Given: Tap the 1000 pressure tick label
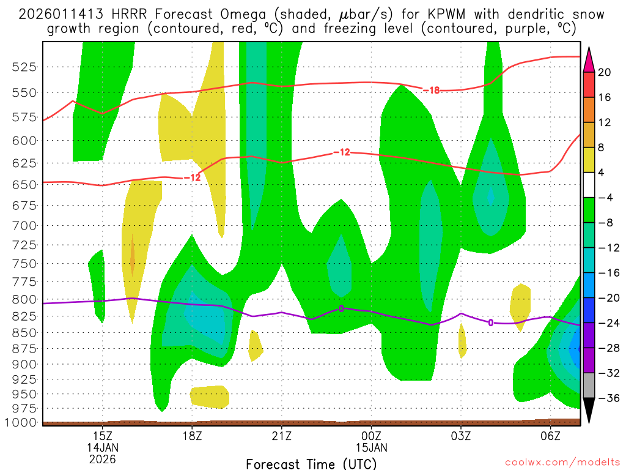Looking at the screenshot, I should tap(23, 422).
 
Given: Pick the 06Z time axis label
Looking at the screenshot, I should tap(551, 435).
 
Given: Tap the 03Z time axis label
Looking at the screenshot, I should tap(461, 435).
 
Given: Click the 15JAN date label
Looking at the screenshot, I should tap(372, 447).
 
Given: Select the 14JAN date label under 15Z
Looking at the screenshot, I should tap(102, 447).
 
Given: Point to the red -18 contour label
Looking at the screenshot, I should tap(432, 91).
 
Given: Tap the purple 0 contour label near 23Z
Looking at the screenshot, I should tap(341, 308).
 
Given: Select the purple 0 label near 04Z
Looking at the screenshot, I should tap(490, 323).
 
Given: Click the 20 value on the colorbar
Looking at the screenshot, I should tap(605, 72).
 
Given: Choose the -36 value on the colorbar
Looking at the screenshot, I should tap(605, 398).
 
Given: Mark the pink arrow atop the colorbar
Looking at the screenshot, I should tap(589, 59).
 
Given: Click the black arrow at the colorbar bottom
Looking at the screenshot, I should tap(589, 410).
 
